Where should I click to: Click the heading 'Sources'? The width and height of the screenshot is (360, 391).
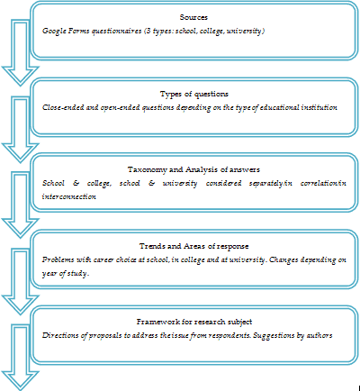pos(193,17)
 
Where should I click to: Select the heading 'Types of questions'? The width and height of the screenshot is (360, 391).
pos(194,95)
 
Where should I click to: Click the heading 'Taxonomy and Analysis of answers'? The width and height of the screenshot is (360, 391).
pos(193,169)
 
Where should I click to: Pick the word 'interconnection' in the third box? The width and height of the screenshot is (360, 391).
pos(69,196)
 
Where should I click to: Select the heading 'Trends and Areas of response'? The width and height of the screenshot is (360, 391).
pos(193,246)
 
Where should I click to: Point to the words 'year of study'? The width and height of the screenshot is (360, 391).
pos(65,274)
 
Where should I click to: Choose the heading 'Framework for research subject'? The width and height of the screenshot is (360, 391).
pos(194,322)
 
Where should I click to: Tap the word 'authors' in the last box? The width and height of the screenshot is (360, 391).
pos(319,335)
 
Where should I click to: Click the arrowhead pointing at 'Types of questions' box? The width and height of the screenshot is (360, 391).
pos(21,75)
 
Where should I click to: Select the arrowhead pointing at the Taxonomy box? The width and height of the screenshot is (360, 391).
pos(21,152)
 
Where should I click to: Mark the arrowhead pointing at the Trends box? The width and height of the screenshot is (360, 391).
pos(21,228)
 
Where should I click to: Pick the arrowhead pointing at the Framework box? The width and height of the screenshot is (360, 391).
pos(21,305)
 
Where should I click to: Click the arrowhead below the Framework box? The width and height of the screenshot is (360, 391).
pos(21,380)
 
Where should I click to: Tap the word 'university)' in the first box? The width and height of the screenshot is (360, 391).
pos(246,31)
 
